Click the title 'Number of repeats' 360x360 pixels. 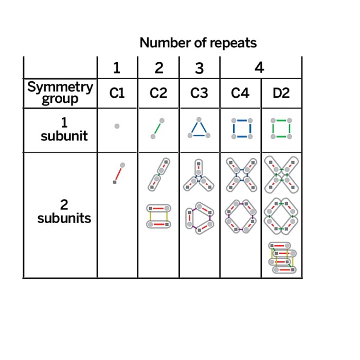click(x=198, y=43)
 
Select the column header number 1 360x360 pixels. click(x=117, y=68)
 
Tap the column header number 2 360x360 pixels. click(x=158, y=68)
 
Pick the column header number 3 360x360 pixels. click(x=199, y=68)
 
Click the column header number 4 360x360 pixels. click(x=260, y=68)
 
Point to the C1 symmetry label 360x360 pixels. click(x=117, y=93)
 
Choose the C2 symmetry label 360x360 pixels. click(x=158, y=93)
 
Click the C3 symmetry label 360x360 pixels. click(x=199, y=93)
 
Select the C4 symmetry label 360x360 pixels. click(x=240, y=93)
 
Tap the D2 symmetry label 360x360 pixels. click(x=281, y=93)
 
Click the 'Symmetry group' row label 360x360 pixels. click(x=60, y=93)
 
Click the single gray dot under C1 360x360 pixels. click(x=117, y=126)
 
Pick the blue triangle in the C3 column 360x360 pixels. click(x=199, y=130)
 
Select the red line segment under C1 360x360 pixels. click(x=118, y=174)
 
